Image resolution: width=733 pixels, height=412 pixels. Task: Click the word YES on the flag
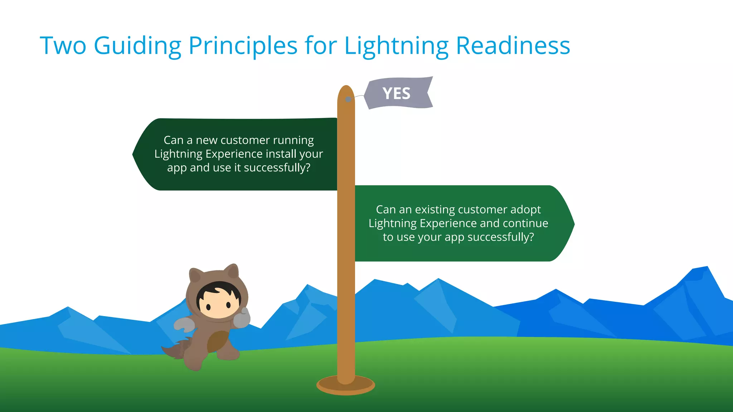[x=396, y=93]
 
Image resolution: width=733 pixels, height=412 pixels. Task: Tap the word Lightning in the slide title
[x=396, y=46]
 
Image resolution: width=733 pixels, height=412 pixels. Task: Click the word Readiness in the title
[x=513, y=46]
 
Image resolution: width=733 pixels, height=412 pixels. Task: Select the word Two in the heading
[x=63, y=46]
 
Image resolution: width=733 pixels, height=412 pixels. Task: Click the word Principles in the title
[x=243, y=46]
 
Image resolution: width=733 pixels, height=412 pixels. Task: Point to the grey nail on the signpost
[x=348, y=99]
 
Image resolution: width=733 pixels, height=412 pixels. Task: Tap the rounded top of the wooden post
[x=346, y=92]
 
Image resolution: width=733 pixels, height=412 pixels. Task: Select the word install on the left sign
[x=281, y=154]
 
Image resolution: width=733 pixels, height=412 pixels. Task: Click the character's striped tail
[x=175, y=350]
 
